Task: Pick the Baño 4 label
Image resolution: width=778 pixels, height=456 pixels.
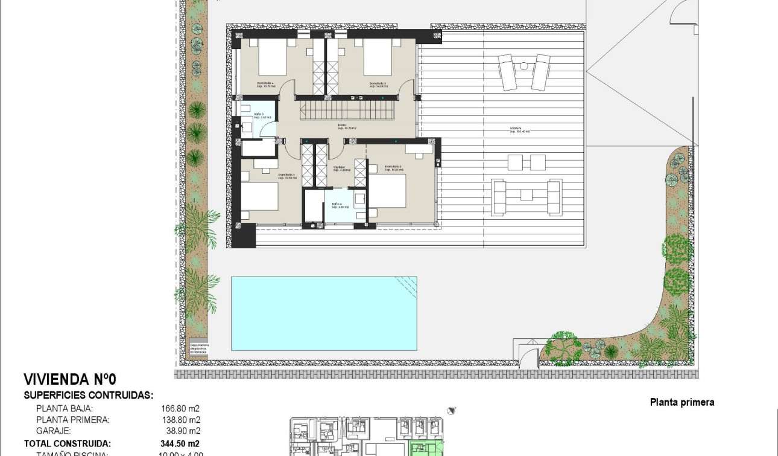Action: [x=337, y=205]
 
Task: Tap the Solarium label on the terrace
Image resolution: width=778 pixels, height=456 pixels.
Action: [x=514, y=129]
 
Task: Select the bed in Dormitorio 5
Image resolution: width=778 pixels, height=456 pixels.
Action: [x=378, y=59]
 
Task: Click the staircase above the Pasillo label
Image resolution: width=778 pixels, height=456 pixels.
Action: [x=347, y=111]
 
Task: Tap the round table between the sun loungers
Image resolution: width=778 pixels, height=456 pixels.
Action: [x=523, y=66]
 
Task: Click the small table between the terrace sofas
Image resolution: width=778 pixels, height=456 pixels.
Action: [x=526, y=195]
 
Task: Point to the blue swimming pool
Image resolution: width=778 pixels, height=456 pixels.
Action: [x=324, y=313]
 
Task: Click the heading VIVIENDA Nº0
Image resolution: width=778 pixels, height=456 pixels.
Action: [x=69, y=379]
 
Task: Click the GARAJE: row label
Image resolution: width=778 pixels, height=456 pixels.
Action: [x=53, y=431]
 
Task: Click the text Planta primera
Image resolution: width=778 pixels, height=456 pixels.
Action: [x=682, y=402]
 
